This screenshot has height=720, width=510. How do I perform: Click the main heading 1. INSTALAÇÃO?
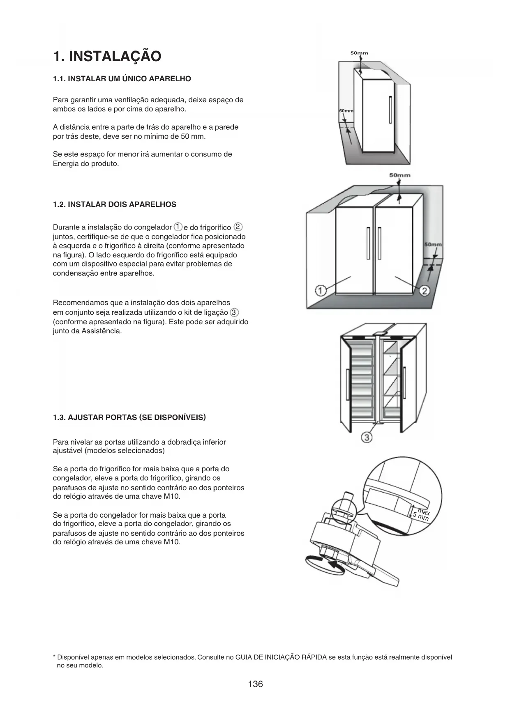point(107,56)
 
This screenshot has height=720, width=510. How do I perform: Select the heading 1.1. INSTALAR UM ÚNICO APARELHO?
point(122,79)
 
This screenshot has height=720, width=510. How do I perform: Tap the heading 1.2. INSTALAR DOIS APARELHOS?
point(115,204)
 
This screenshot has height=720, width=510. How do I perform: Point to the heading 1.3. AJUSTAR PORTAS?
point(129,417)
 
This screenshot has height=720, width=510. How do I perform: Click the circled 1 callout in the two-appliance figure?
point(321,291)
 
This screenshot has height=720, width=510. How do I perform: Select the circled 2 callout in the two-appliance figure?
point(425,291)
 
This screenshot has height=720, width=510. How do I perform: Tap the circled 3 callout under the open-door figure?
point(367,438)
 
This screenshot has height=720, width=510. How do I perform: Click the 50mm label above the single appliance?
point(359,53)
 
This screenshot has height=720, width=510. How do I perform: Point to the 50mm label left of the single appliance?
point(346,111)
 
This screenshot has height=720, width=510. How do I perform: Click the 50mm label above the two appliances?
point(400,175)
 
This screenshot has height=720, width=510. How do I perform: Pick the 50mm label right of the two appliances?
point(433,245)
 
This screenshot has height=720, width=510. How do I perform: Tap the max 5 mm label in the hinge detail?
point(422,515)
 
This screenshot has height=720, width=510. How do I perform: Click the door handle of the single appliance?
point(390,109)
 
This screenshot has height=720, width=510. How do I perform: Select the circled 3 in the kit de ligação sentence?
point(234,312)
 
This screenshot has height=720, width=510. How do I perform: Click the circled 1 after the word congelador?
point(178,227)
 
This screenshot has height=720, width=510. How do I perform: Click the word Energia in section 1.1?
point(66,163)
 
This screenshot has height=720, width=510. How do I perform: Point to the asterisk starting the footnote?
point(55,657)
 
